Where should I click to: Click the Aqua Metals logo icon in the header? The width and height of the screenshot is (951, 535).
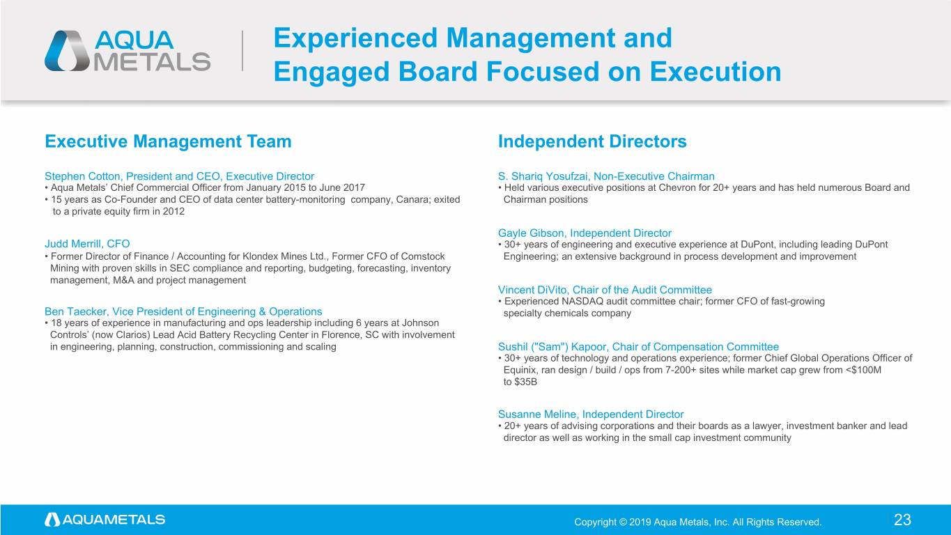[67, 51]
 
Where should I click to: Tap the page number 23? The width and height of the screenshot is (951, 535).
[902, 520]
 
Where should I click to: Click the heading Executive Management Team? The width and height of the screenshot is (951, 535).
[168, 141]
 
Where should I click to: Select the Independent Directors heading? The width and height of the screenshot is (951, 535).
[592, 141]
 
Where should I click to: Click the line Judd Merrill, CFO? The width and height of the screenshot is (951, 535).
[87, 244]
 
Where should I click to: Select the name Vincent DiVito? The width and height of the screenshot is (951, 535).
[532, 290]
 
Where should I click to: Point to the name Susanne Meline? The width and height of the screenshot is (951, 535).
[536, 414]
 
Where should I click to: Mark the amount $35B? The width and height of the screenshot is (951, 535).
[525, 382]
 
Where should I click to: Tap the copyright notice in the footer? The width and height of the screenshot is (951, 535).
[698, 522]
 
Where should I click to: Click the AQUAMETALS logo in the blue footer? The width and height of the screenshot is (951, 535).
[105, 520]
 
